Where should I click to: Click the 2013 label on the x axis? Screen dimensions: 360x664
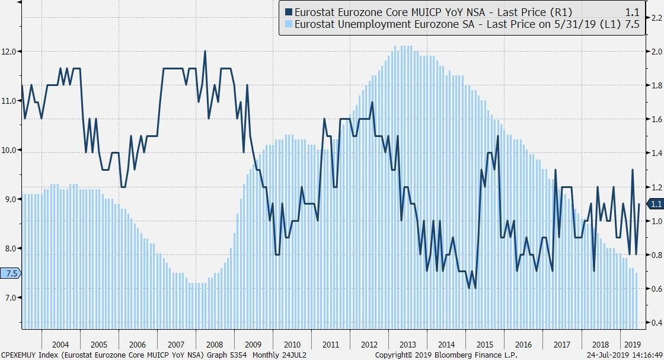407,345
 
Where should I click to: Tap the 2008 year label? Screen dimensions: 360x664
214,345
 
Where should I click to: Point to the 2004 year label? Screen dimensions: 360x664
60,345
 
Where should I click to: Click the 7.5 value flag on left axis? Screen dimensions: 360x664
11,273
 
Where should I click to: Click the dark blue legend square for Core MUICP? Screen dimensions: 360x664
289,11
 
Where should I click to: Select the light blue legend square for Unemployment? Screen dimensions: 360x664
289,24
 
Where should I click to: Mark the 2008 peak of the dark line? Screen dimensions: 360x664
205,51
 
